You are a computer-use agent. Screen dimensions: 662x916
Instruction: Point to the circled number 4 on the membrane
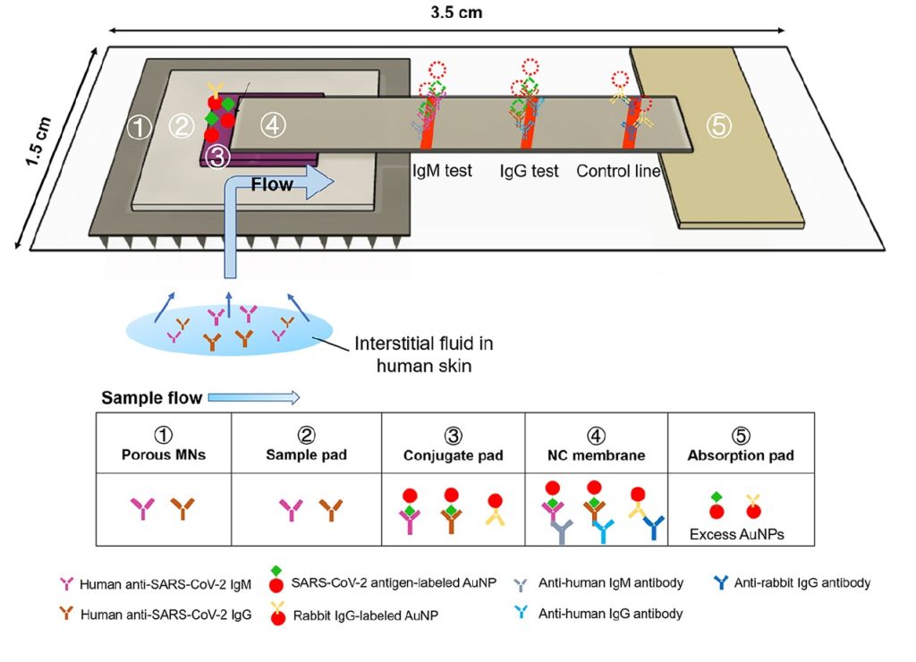coord(274,127)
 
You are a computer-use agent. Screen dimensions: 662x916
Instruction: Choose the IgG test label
coord(530,171)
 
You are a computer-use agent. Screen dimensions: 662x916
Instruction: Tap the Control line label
coord(618,171)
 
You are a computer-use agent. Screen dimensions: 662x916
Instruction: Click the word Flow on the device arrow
coord(272,186)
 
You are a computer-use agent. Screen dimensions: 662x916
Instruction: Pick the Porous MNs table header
coord(163,454)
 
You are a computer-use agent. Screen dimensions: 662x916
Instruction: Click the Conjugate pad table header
coord(453,454)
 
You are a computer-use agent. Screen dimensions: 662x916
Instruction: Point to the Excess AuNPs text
coord(737,535)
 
